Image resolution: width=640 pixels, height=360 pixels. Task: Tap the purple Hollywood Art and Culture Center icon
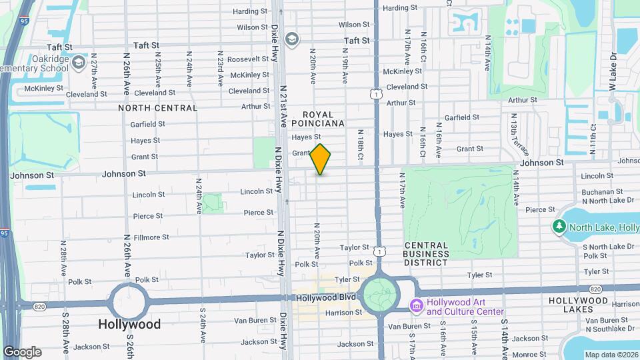click(416, 307)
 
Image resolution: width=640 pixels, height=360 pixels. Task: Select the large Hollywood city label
click(129, 324)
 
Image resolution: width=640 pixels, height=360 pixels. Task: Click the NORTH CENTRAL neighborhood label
click(158, 107)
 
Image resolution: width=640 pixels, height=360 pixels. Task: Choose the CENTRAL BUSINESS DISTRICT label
click(427, 253)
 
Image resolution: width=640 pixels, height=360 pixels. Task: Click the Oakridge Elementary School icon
click(79, 62)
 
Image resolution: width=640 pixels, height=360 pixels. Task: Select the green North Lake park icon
click(559, 227)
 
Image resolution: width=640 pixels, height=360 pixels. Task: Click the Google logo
click(22, 351)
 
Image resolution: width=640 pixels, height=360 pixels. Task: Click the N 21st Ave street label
click(283, 105)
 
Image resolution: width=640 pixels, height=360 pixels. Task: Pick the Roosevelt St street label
click(247, 59)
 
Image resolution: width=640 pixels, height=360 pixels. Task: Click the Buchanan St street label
click(601, 191)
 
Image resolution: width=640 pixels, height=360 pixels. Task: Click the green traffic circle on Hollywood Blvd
click(380, 294)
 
